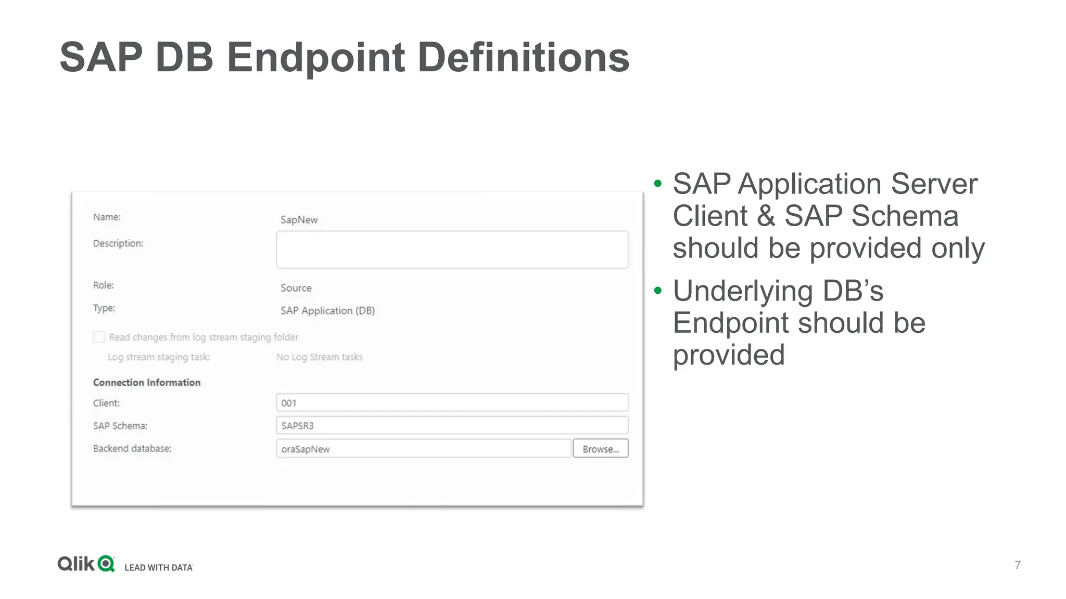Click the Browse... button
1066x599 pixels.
pos(600,449)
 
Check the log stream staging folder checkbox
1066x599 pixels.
pos(99,337)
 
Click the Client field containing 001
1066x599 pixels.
pos(452,403)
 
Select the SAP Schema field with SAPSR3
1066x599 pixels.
pos(452,425)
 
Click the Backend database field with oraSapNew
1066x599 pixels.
pos(423,449)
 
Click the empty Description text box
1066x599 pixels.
pos(452,250)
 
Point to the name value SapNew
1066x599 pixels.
pos(299,219)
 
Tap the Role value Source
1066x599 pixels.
pos(296,288)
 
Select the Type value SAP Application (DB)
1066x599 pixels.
pos(327,310)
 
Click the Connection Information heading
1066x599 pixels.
pos(147,382)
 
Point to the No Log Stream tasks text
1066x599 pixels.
pos(319,357)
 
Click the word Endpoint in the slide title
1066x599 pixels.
pos(316,57)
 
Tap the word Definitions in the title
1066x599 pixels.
pos(523,57)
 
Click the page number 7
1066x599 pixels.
pos(1018,565)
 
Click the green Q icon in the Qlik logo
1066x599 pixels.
pos(106,564)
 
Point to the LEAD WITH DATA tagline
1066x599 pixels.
pos(159,567)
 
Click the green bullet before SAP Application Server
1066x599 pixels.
pos(658,184)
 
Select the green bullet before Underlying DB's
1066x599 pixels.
pos(658,291)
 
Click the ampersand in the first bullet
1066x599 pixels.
pos(766,216)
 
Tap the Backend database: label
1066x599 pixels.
pos(132,448)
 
